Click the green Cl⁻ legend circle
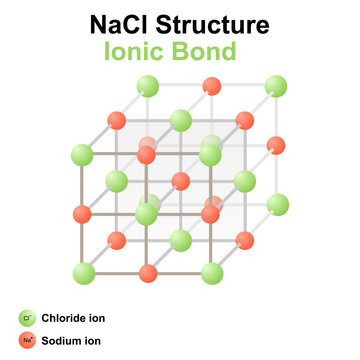(x=26, y=319)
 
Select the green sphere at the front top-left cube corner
(x=83, y=155)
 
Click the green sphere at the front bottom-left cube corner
(x=83, y=273)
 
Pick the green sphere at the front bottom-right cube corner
(x=211, y=273)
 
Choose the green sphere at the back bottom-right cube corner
(x=277, y=205)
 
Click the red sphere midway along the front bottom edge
(x=148, y=273)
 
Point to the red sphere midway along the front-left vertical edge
(x=83, y=214)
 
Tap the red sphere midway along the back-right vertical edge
(x=277, y=145)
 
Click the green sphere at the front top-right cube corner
(x=210, y=155)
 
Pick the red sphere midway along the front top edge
(x=147, y=155)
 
